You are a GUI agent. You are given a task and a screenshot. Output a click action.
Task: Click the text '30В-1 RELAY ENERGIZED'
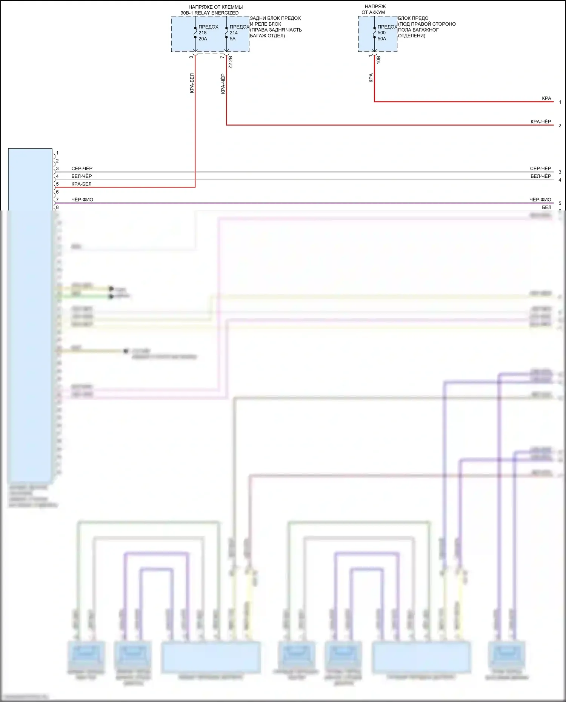click(209, 13)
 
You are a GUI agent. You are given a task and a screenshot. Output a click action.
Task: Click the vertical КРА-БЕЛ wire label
click(192, 83)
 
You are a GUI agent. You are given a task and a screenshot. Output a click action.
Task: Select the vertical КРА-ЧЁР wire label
click(223, 84)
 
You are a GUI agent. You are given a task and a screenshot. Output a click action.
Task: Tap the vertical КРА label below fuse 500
click(371, 78)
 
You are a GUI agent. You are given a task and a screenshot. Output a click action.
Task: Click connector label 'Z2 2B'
click(231, 62)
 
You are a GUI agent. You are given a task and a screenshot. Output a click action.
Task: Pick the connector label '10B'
click(378, 60)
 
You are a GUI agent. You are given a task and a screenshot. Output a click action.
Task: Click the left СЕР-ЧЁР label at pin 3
click(82, 169)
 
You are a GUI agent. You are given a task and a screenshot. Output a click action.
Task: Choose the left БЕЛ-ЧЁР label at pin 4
click(82, 176)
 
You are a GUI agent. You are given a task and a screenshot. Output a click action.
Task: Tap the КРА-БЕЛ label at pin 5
click(82, 184)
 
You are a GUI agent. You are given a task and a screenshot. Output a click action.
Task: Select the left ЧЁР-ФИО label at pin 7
click(82, 200)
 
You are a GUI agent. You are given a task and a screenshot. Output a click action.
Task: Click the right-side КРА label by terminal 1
click(546, 98)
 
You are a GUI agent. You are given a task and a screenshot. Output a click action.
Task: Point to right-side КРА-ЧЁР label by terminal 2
click(541, 122)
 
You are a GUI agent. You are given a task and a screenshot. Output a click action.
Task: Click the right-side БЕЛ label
click(546, 207)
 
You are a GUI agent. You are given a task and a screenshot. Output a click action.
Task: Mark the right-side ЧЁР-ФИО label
click(540, 200)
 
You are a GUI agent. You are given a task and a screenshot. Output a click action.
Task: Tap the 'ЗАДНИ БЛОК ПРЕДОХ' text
click(275, 18)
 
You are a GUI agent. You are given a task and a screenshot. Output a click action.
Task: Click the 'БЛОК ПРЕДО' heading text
click(413, 18)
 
